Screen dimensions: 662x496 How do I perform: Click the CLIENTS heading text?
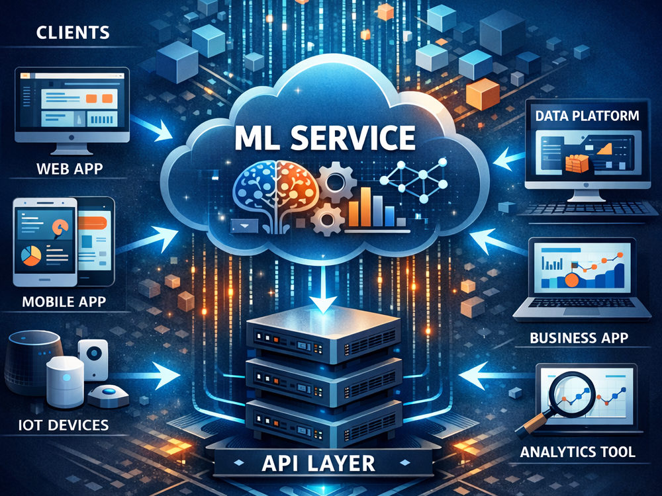(x=73, y=33)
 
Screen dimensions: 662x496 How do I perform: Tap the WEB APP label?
(x=70, y=169)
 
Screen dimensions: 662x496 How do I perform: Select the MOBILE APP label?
(x=64, y=302)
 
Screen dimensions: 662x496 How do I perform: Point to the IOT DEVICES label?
(x=64, y=425)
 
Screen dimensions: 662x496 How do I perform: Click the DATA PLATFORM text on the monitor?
(x=587, y=116)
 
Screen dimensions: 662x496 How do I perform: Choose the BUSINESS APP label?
(x=579, y=338)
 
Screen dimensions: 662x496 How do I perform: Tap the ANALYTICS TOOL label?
(x=577, y=452)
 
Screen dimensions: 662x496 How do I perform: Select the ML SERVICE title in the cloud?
(x=324, y=138)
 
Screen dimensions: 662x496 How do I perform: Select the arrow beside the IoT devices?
(x=148, y=375)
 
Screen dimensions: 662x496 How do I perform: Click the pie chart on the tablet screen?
(x=32, y=256)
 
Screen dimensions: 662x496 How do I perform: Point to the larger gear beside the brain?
(x=336, y=183)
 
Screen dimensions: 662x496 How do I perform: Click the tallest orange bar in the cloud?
(x=365, y=207)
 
